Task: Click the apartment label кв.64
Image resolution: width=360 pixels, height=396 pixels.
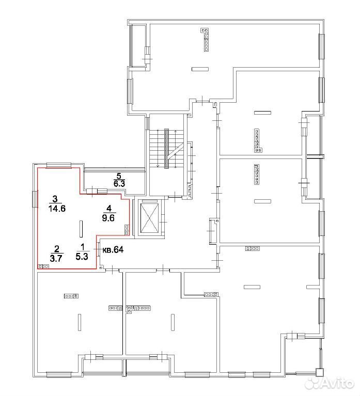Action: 113,250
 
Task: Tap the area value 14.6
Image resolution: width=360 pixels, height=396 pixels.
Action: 57,209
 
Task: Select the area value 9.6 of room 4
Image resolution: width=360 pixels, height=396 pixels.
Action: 108,218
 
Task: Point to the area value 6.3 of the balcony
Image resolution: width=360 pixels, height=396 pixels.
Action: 119,183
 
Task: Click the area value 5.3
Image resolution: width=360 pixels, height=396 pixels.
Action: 82,257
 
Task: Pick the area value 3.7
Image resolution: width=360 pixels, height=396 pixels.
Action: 56,258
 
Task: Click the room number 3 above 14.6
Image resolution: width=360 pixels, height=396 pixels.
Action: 55,199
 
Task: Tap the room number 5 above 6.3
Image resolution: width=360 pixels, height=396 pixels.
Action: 119,176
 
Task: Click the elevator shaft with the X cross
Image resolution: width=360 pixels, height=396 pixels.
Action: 149,218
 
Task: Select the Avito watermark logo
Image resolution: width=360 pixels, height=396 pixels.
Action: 329,384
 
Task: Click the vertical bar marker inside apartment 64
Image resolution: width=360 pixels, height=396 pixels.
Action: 81,229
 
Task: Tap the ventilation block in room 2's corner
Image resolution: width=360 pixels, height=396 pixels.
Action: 43,266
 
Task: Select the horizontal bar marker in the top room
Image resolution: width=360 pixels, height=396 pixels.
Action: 200,69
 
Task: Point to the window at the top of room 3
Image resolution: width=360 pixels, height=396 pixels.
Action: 58,165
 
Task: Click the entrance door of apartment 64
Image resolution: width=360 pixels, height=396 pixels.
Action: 98,249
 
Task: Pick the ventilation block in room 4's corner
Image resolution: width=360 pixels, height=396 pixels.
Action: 127,230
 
